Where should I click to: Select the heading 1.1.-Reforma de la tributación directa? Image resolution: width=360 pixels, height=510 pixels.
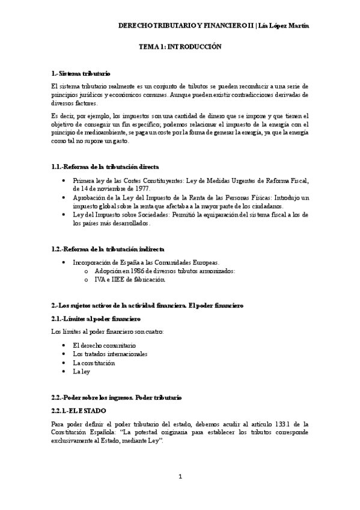pyautogui.click(x=105, y=166)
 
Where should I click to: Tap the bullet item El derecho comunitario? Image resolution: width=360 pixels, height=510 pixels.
pyautogui.click(x=104, y=346)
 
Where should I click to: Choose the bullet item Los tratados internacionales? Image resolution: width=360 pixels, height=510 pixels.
pyautogui.click(x=110, y=354)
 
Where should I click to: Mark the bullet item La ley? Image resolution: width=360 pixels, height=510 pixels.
pyautogui.click(x=81, y=372)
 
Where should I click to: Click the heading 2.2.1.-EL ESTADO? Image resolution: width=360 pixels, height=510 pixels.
pyautogui.click(x=79, y=410)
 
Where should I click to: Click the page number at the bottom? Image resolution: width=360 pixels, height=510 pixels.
pyautogui.click(x=180, y=477)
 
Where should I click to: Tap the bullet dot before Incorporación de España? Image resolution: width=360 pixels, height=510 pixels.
pyautogui.click(x=64, y=263)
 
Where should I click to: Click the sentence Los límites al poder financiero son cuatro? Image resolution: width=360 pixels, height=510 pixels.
pyautogui.click(x=107, y=331)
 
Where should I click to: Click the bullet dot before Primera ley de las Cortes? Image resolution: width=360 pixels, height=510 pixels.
pyautogui.click(x=64, y=180)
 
